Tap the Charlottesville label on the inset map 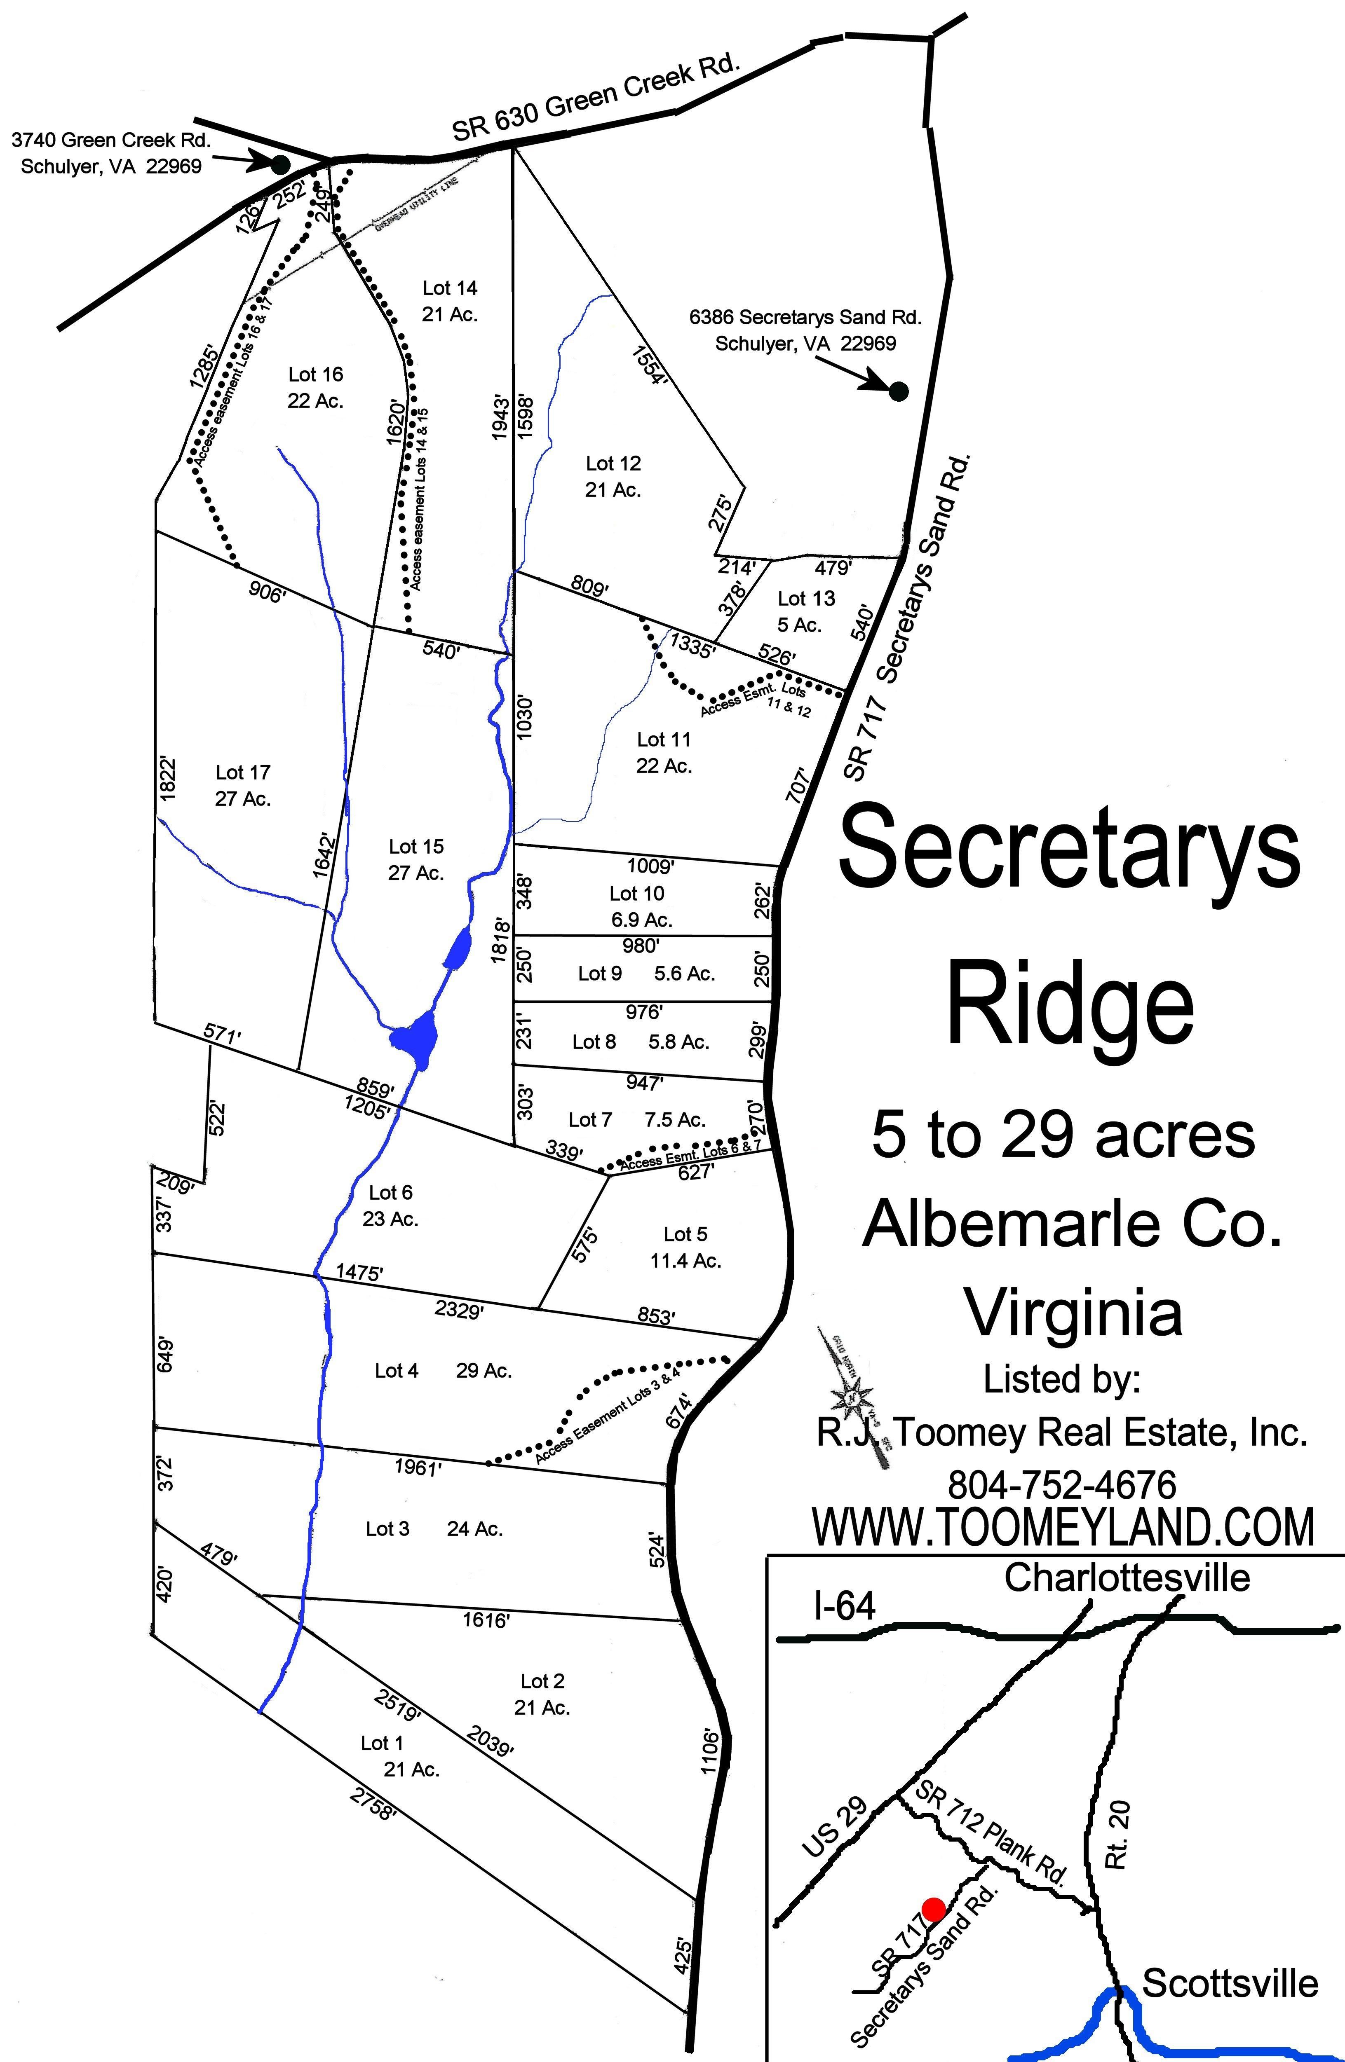pyautogui.click(x=1127, y=1578)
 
